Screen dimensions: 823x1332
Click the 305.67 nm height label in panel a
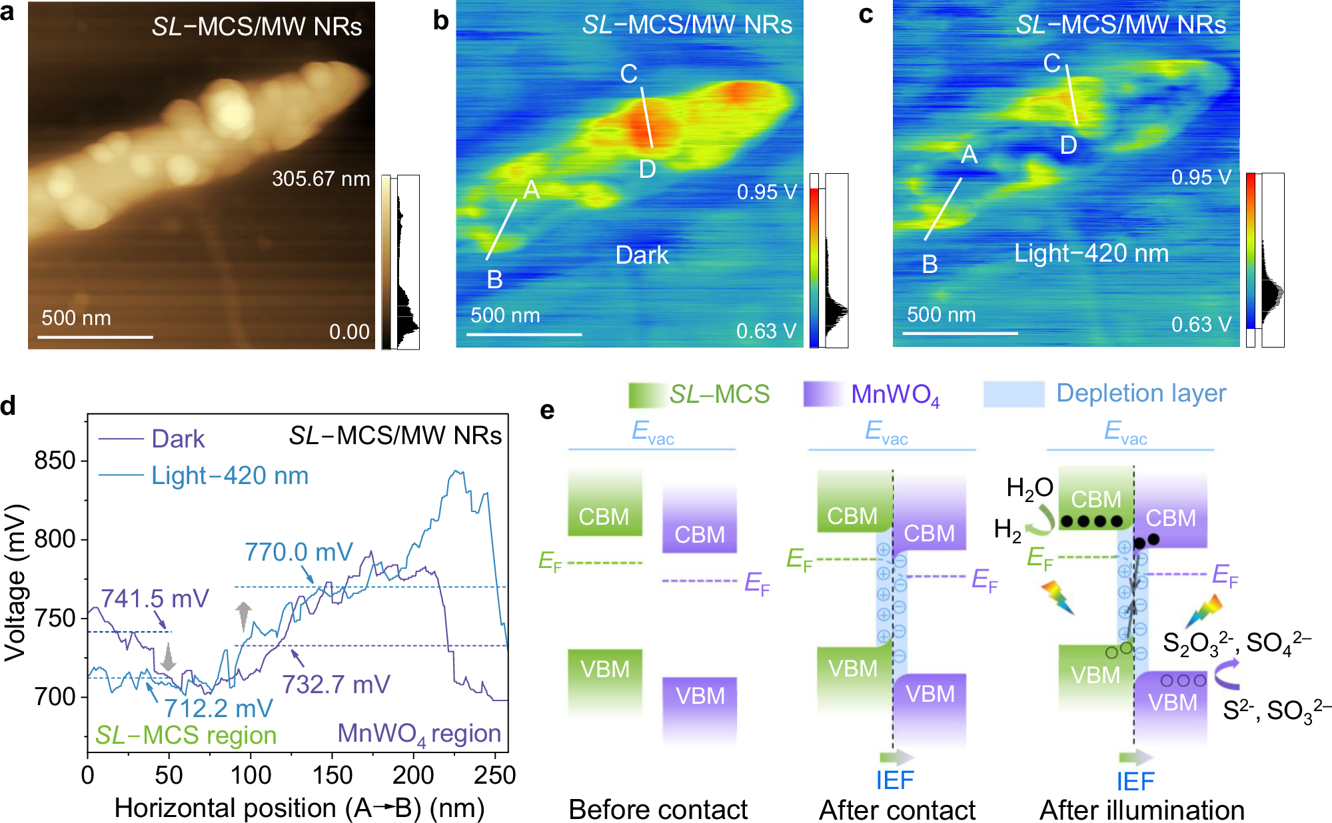pos(321,178)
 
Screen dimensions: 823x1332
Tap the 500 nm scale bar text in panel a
pos(76,318)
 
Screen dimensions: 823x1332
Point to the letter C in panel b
pos(628,73)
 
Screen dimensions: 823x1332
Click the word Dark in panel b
pos(642,255)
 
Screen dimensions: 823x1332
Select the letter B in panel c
pos(930,264)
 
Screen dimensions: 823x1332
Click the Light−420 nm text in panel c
pos(1091,253)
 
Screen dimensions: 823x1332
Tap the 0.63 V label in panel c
pos(1201,324)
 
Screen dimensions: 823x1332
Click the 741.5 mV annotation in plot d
pos(155,598)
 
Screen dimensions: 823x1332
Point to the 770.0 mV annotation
pos(299,552)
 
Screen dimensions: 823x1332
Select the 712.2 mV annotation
pos(219,708)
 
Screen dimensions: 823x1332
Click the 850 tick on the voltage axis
pos(55,461)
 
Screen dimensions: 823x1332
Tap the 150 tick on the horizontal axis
pos(332,775)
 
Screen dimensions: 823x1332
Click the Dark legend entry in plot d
pos(178,439)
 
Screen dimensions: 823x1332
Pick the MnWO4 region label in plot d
pos(419,733)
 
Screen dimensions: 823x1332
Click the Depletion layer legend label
pos(1141,393)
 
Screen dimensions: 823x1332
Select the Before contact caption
pos(658,809)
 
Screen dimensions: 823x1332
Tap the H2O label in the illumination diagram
pos(1029,488)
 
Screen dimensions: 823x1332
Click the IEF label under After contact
pos(894,780)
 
